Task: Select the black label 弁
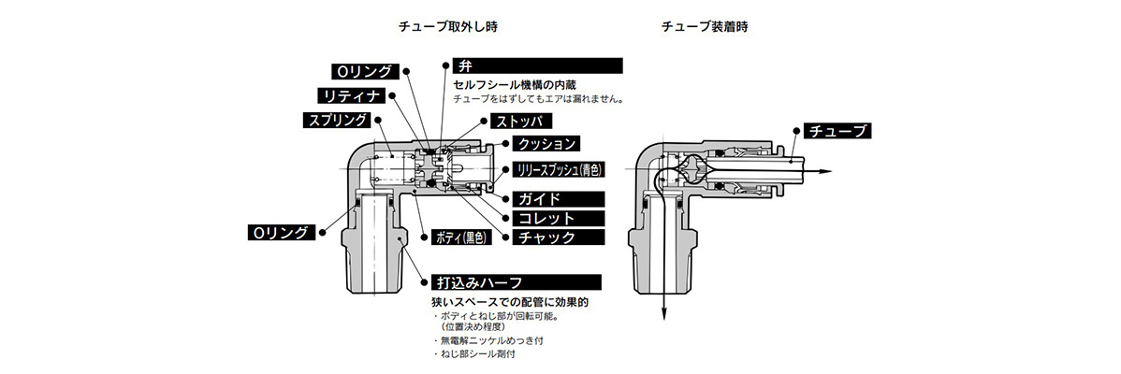[x=536, y=65]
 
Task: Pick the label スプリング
[x=336, y=120]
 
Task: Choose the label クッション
[x=545, y=145]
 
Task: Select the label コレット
[x=546, y=218]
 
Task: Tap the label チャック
[x=546, y=237]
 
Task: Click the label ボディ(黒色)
[x=460, y=237]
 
